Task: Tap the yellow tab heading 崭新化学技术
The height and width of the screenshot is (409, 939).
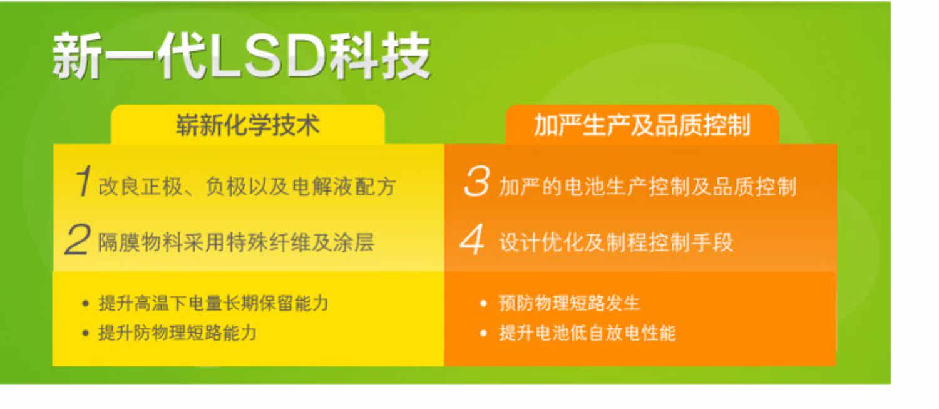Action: click(x=248, y=125)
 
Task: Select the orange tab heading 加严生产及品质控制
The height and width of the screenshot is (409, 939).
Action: click(x=642, y=125)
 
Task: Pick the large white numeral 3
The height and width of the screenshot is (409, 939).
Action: click(x=477, y=181)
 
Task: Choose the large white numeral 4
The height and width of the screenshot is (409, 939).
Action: click(x=473, y=239)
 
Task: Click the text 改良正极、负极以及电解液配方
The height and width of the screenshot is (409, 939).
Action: click(x=247, y=187)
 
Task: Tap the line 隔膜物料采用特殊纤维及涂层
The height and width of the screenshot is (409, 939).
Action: click(x=236, y=242)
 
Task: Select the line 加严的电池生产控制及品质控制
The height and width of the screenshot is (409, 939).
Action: click(x=648, y=187)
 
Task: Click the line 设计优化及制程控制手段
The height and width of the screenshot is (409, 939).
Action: click(x=616, y=242)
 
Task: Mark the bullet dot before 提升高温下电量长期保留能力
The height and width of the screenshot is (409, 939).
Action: click(x=86, y=303)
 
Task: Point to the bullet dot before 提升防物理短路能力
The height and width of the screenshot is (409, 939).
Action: click(x=86, y=333)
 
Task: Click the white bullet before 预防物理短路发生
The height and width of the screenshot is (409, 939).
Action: click(x=483, y=303)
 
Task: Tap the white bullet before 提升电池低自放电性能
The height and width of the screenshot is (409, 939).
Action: click(x=483, y=333)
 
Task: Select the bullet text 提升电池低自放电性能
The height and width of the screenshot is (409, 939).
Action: click(x=587, y=333)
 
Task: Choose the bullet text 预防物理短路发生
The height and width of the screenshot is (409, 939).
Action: click(x=569, y=303)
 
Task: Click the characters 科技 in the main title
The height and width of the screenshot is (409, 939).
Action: click(x=380, y=56)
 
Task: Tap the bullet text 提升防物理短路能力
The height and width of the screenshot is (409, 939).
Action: click(x=177, y=333)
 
